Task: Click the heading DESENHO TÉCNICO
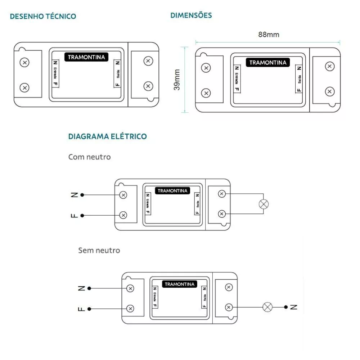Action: tap(43, 17)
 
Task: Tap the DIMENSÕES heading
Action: tap(191, 15)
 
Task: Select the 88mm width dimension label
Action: tap(268, 35)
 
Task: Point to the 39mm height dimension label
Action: tap(177, 80)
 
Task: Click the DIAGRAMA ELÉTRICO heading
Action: tap(107, 136)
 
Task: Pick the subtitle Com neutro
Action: tap(89, 157)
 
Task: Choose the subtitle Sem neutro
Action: tap(99, 250)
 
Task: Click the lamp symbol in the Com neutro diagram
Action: tap(264, 204)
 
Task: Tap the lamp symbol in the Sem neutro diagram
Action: tap(267, 307)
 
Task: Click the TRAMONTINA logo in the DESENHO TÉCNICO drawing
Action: tap(86, 57)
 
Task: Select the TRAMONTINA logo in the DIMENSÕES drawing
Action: tap(268, 63)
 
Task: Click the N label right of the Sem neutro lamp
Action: tap(294, 307)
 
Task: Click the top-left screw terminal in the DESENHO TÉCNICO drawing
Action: tap(24, 62)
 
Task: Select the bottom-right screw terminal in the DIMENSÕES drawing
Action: tap(329, 92)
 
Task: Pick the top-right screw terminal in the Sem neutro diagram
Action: tap(228, 287)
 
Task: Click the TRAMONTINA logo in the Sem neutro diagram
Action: tap(179, 284)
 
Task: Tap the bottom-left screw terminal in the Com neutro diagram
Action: tap(123, 215)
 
